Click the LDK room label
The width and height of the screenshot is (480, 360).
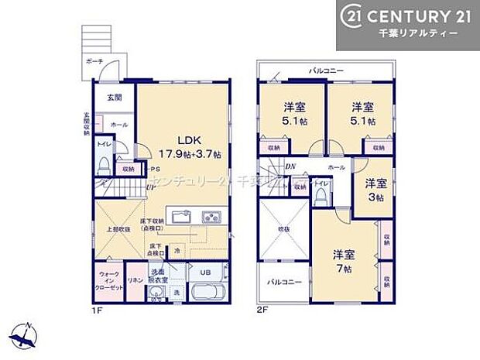click(191, 141)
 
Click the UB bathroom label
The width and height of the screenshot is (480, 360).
click(206, 273)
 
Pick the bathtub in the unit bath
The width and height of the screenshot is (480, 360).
click(206, 294)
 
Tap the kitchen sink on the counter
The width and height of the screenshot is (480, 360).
click(210, 216)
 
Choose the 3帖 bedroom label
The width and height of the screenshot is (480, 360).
click(375, 190)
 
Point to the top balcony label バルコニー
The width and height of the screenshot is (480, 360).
click(327, 70)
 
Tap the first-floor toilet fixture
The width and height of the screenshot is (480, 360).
click(103, 164)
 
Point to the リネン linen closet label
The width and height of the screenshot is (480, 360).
click(134, 279)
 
